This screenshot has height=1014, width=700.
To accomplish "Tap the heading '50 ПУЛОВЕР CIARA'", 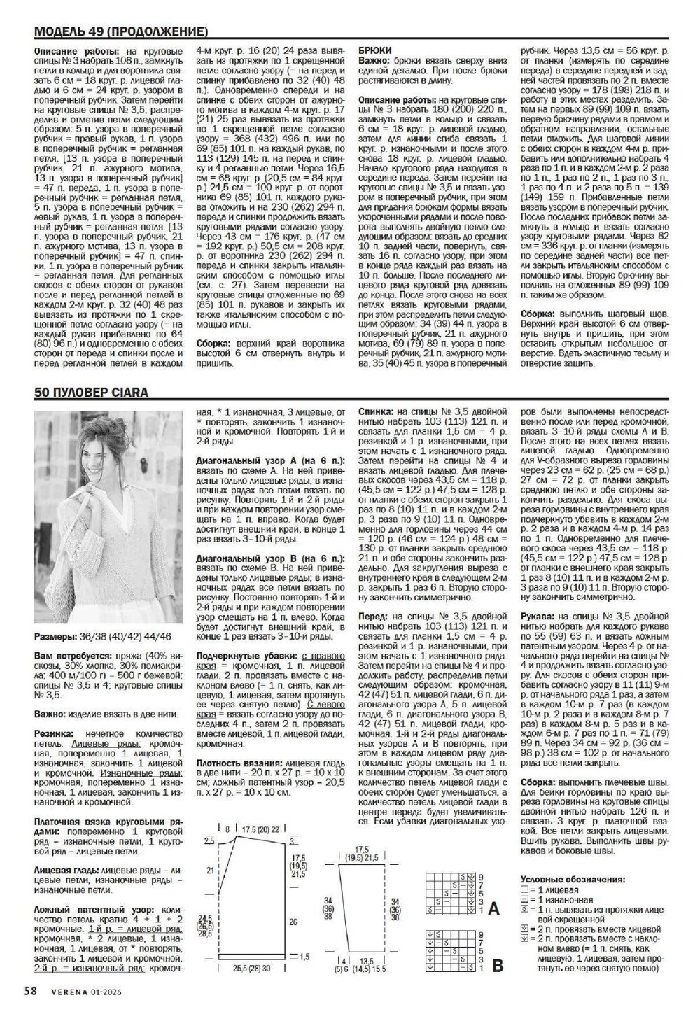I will (92, 393).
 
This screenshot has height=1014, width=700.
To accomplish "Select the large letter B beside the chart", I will (498, 966).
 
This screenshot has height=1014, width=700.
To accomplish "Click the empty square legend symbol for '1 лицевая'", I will (524, 890).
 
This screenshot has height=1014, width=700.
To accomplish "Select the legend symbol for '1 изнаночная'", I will (524, 900).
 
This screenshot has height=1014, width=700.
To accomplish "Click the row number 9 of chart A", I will (481, 877).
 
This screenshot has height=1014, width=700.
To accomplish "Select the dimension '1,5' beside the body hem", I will (304, 956).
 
